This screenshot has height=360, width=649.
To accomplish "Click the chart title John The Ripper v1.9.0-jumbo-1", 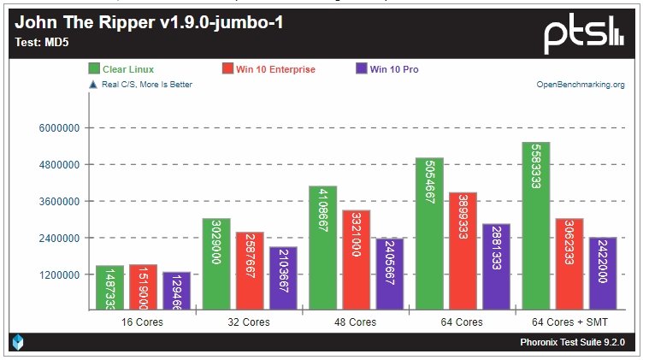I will tap(149, 22).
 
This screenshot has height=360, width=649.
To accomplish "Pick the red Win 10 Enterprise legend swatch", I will tap(228, 68).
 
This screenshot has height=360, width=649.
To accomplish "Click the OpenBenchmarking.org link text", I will tap(580, 85).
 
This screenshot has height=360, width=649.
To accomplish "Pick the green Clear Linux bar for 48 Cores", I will tap(322, 247).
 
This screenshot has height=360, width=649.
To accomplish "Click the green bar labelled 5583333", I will tap(535, 226).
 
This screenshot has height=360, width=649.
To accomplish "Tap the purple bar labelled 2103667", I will tap(282, 278).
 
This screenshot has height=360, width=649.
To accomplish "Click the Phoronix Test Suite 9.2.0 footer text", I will tap(572, 343).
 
